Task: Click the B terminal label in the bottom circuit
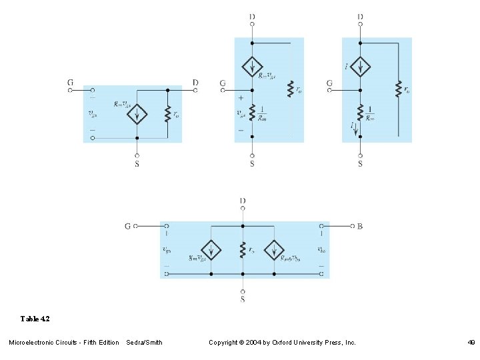click(360, 226)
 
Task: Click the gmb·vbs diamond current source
click(274, 250)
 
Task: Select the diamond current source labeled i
click(360, 67)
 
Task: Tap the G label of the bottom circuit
click(127, 226)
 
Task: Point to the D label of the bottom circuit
click(243, 200)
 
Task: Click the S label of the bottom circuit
click(243, 299)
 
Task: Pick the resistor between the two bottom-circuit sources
click(243, 250)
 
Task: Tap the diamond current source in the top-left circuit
click(137, 114)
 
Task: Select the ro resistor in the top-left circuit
click(168, 114)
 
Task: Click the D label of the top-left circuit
click(195, 83)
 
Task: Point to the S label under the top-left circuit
click(137, 164)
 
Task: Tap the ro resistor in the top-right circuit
click(398, 88)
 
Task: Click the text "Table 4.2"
click(35, 319)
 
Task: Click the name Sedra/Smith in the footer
click(144, 342)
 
